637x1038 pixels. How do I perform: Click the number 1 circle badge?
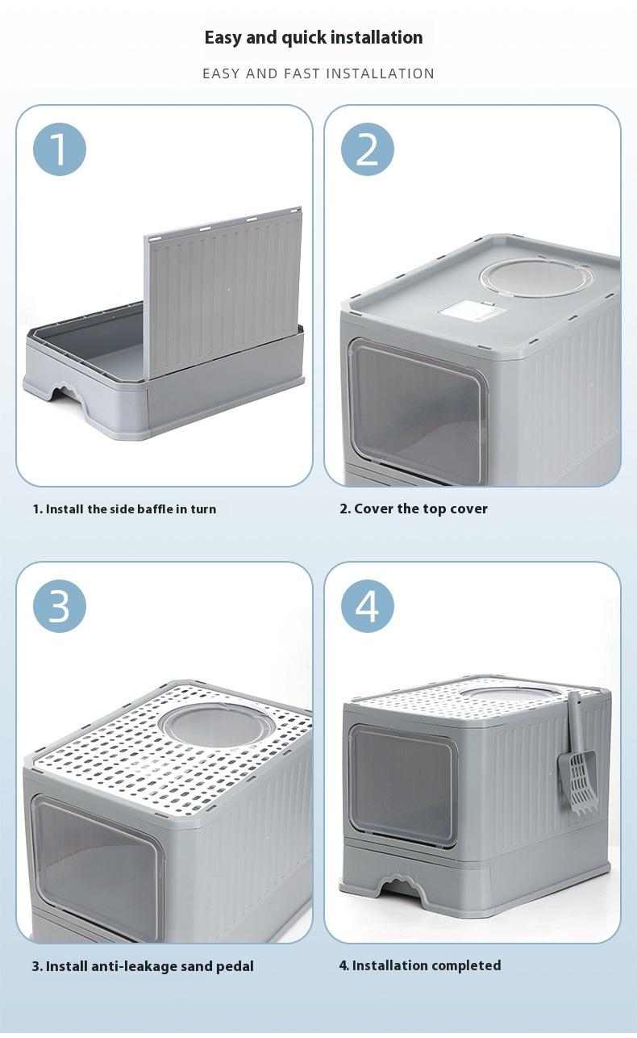(x=59, y=150)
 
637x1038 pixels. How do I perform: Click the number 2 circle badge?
(x=367, y=150)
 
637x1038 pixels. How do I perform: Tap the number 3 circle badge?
(x=59, y=605)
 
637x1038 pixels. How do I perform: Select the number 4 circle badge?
(x=367, y=605)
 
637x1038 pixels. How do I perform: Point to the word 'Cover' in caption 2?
(x=373, y=509)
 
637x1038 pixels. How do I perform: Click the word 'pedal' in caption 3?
(x=233, y=966)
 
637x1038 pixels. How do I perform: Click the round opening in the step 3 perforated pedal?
(x=216, y=724)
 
